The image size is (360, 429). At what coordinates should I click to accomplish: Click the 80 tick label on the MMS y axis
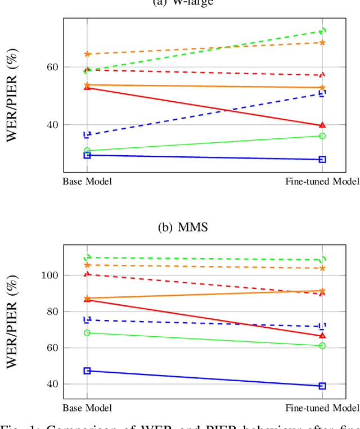click(49, 311)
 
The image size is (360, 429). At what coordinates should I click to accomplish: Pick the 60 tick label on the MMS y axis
click(49, 348)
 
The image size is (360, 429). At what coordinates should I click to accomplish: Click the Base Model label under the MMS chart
click(87, 408)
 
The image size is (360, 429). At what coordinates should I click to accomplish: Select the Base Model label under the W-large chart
click(87, 181)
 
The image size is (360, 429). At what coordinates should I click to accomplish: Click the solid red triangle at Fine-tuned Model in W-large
click(322, 125)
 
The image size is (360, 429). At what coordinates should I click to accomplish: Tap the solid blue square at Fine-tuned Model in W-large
click(322, 160)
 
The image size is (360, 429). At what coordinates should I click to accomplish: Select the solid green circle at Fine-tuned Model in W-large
click(322, 136)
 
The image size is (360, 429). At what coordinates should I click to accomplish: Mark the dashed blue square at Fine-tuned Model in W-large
click(322, 93)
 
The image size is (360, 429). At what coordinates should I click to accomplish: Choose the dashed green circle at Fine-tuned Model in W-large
click(322, 31)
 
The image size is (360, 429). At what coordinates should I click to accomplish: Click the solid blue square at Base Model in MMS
click(87, 371)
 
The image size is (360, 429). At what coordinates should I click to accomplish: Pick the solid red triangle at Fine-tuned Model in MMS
click(322, 336)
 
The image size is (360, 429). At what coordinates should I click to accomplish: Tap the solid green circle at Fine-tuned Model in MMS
click(322, 346)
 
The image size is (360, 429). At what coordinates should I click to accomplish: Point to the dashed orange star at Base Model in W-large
click(87, 54)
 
